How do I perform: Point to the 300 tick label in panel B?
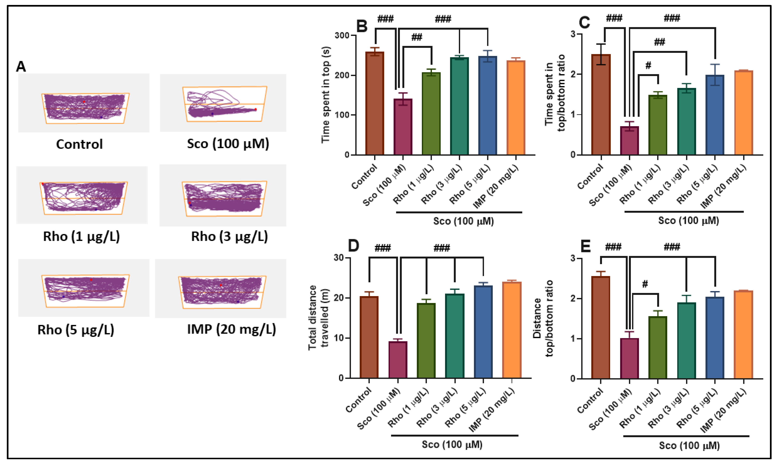342,35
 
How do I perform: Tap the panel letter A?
21,66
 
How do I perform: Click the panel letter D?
353,246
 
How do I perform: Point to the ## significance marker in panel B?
416,38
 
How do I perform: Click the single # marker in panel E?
645,284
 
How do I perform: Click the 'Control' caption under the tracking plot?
79,144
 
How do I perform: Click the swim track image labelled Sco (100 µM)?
223,103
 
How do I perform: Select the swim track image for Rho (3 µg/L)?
223,196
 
